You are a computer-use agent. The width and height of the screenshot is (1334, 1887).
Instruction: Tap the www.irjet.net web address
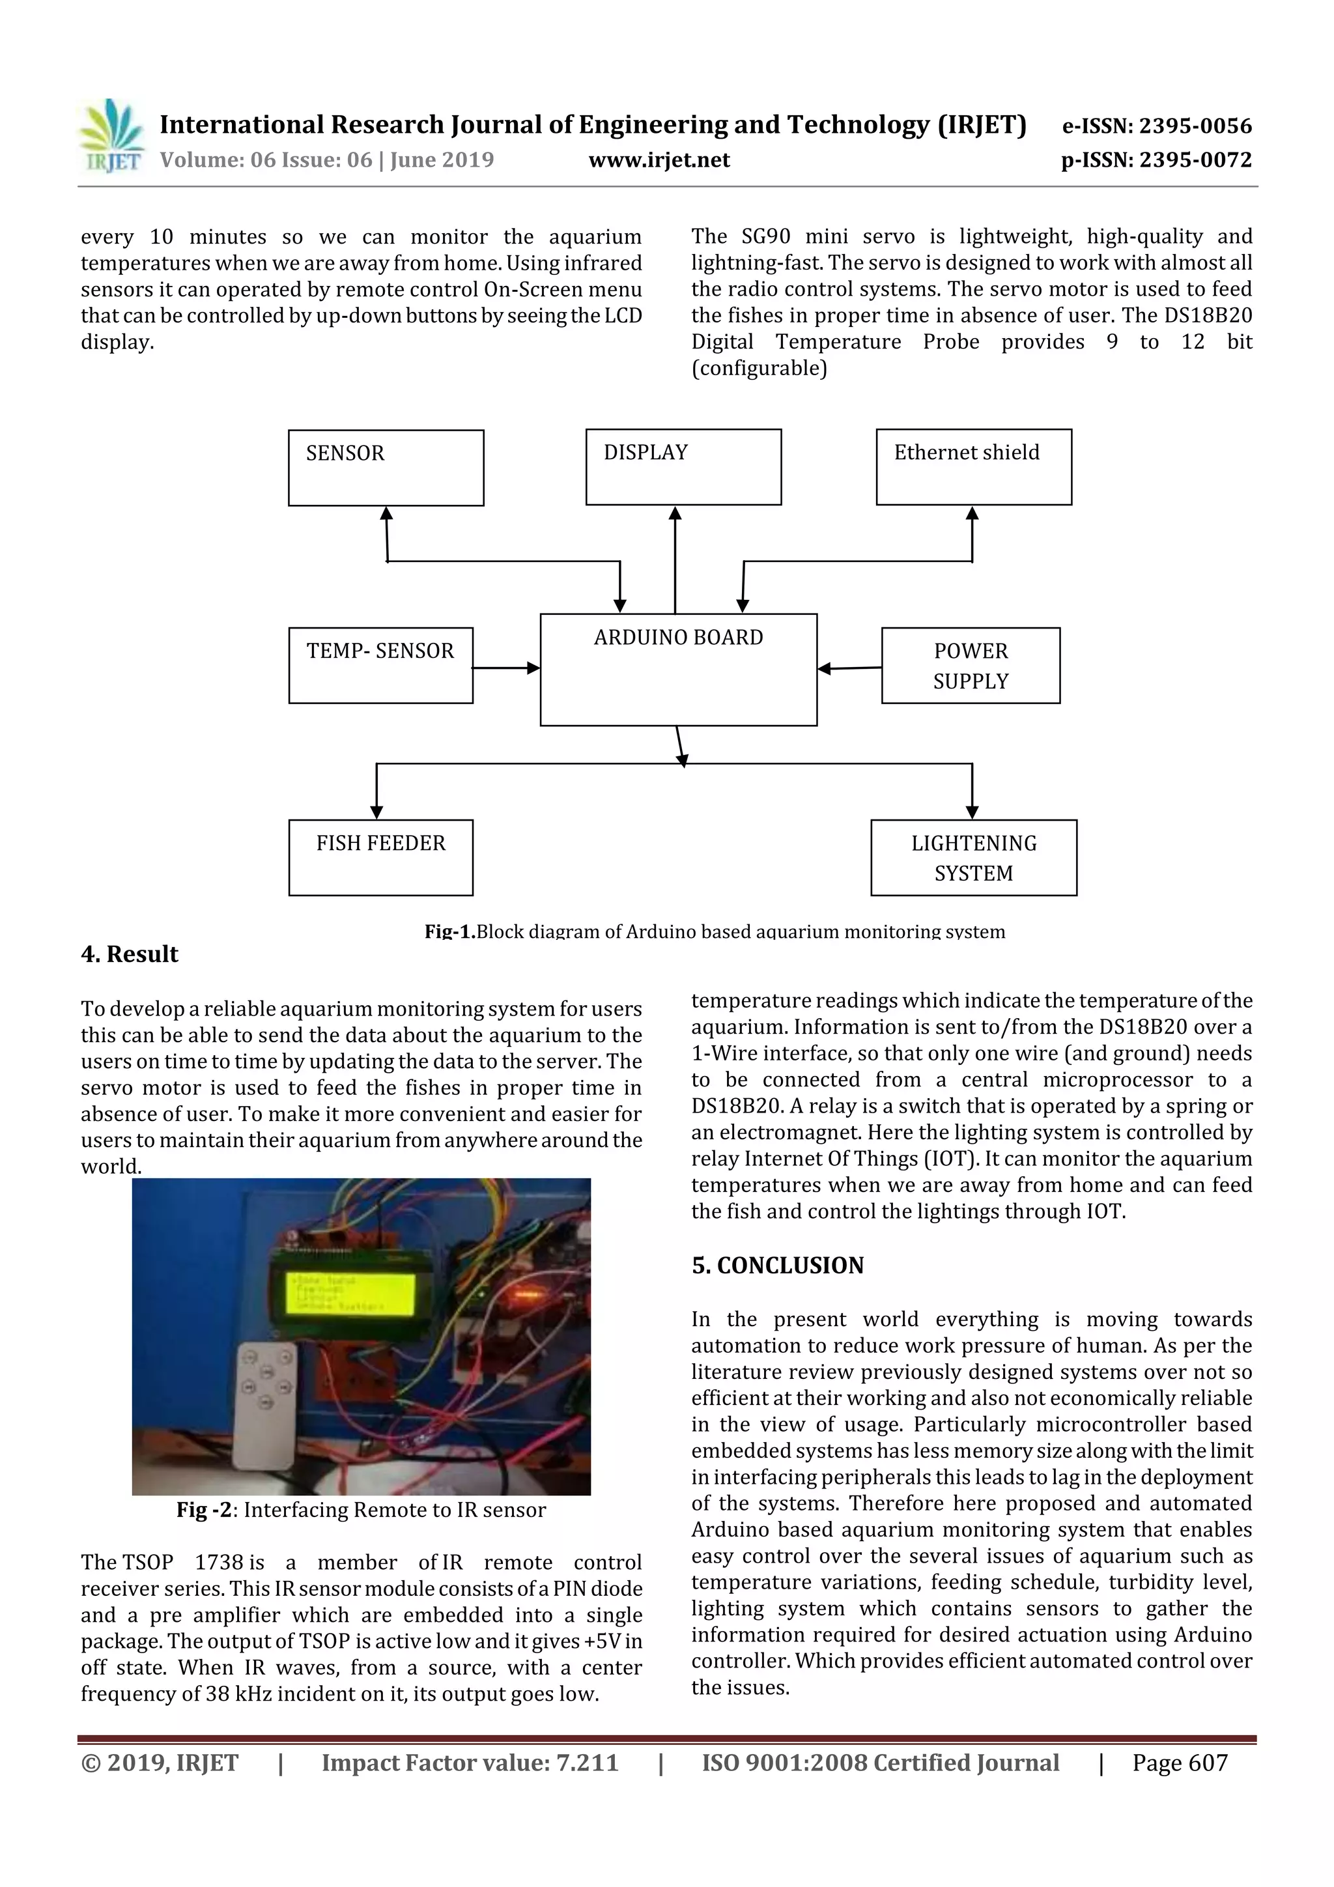pos(659,160)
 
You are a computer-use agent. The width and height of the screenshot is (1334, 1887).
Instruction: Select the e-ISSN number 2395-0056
pos(1156,126)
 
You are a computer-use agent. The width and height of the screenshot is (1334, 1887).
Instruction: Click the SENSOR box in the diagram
pos(386,468)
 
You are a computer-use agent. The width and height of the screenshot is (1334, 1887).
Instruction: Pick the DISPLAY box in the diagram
pos(683,467)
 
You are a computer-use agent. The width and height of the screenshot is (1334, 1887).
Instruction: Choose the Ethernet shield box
pos(973,467)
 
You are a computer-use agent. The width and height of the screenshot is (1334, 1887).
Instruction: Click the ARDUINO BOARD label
pos(678,638)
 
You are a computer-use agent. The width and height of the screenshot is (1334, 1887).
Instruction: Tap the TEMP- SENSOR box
pos(380,666)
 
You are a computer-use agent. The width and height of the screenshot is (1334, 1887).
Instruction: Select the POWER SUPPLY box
pos(970,666)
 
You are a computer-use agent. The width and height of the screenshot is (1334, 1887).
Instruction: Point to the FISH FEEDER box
pos(380,857)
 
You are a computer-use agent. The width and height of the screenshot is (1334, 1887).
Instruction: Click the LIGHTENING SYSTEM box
pos(973,857)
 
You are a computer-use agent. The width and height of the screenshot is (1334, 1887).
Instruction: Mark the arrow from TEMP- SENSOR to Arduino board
pos(505,668)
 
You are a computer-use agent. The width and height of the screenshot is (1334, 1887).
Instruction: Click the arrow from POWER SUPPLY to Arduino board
pos(849,668)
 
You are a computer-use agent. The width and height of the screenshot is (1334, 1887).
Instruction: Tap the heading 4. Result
pos(129,954)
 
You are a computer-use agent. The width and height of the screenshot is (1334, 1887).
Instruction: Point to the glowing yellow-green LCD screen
pos(349,1293)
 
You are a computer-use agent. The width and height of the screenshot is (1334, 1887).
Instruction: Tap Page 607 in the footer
pos(1179,1763)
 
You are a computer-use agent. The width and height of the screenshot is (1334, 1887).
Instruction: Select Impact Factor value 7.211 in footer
pos(470,1763)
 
